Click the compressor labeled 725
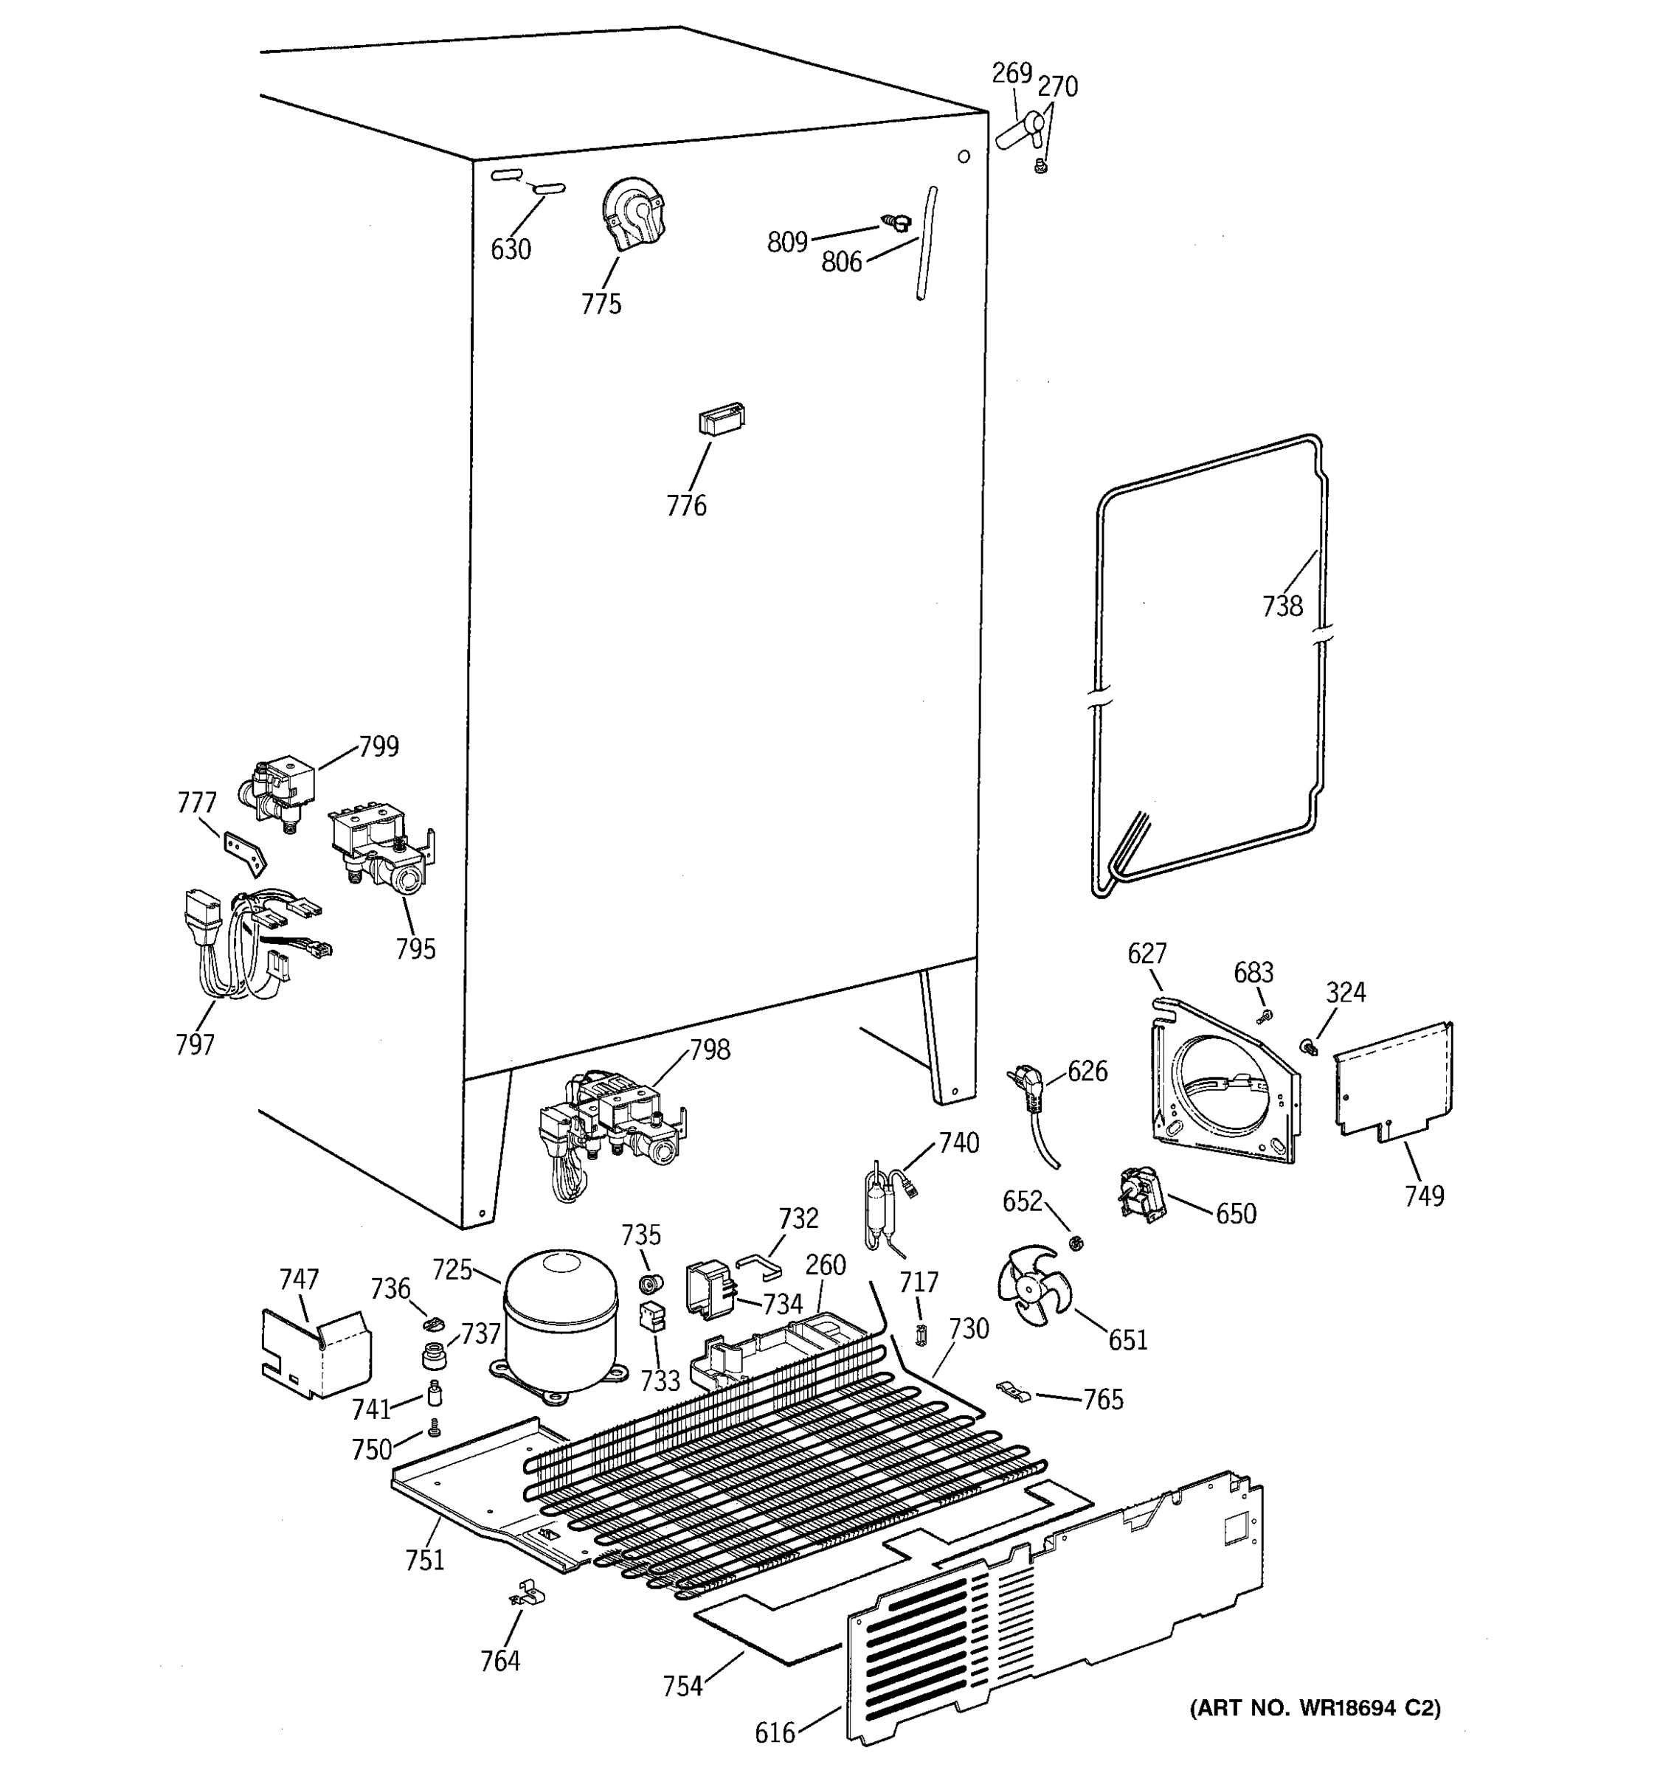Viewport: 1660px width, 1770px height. click(559, 1319)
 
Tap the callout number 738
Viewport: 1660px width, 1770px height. click(1282, 606)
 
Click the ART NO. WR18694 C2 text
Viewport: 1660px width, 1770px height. click(1315, 1707)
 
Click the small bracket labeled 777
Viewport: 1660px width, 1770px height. click(244, 850)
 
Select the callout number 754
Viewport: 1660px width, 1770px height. click(682, 1687)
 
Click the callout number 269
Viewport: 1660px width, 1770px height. click(1011, 73)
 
